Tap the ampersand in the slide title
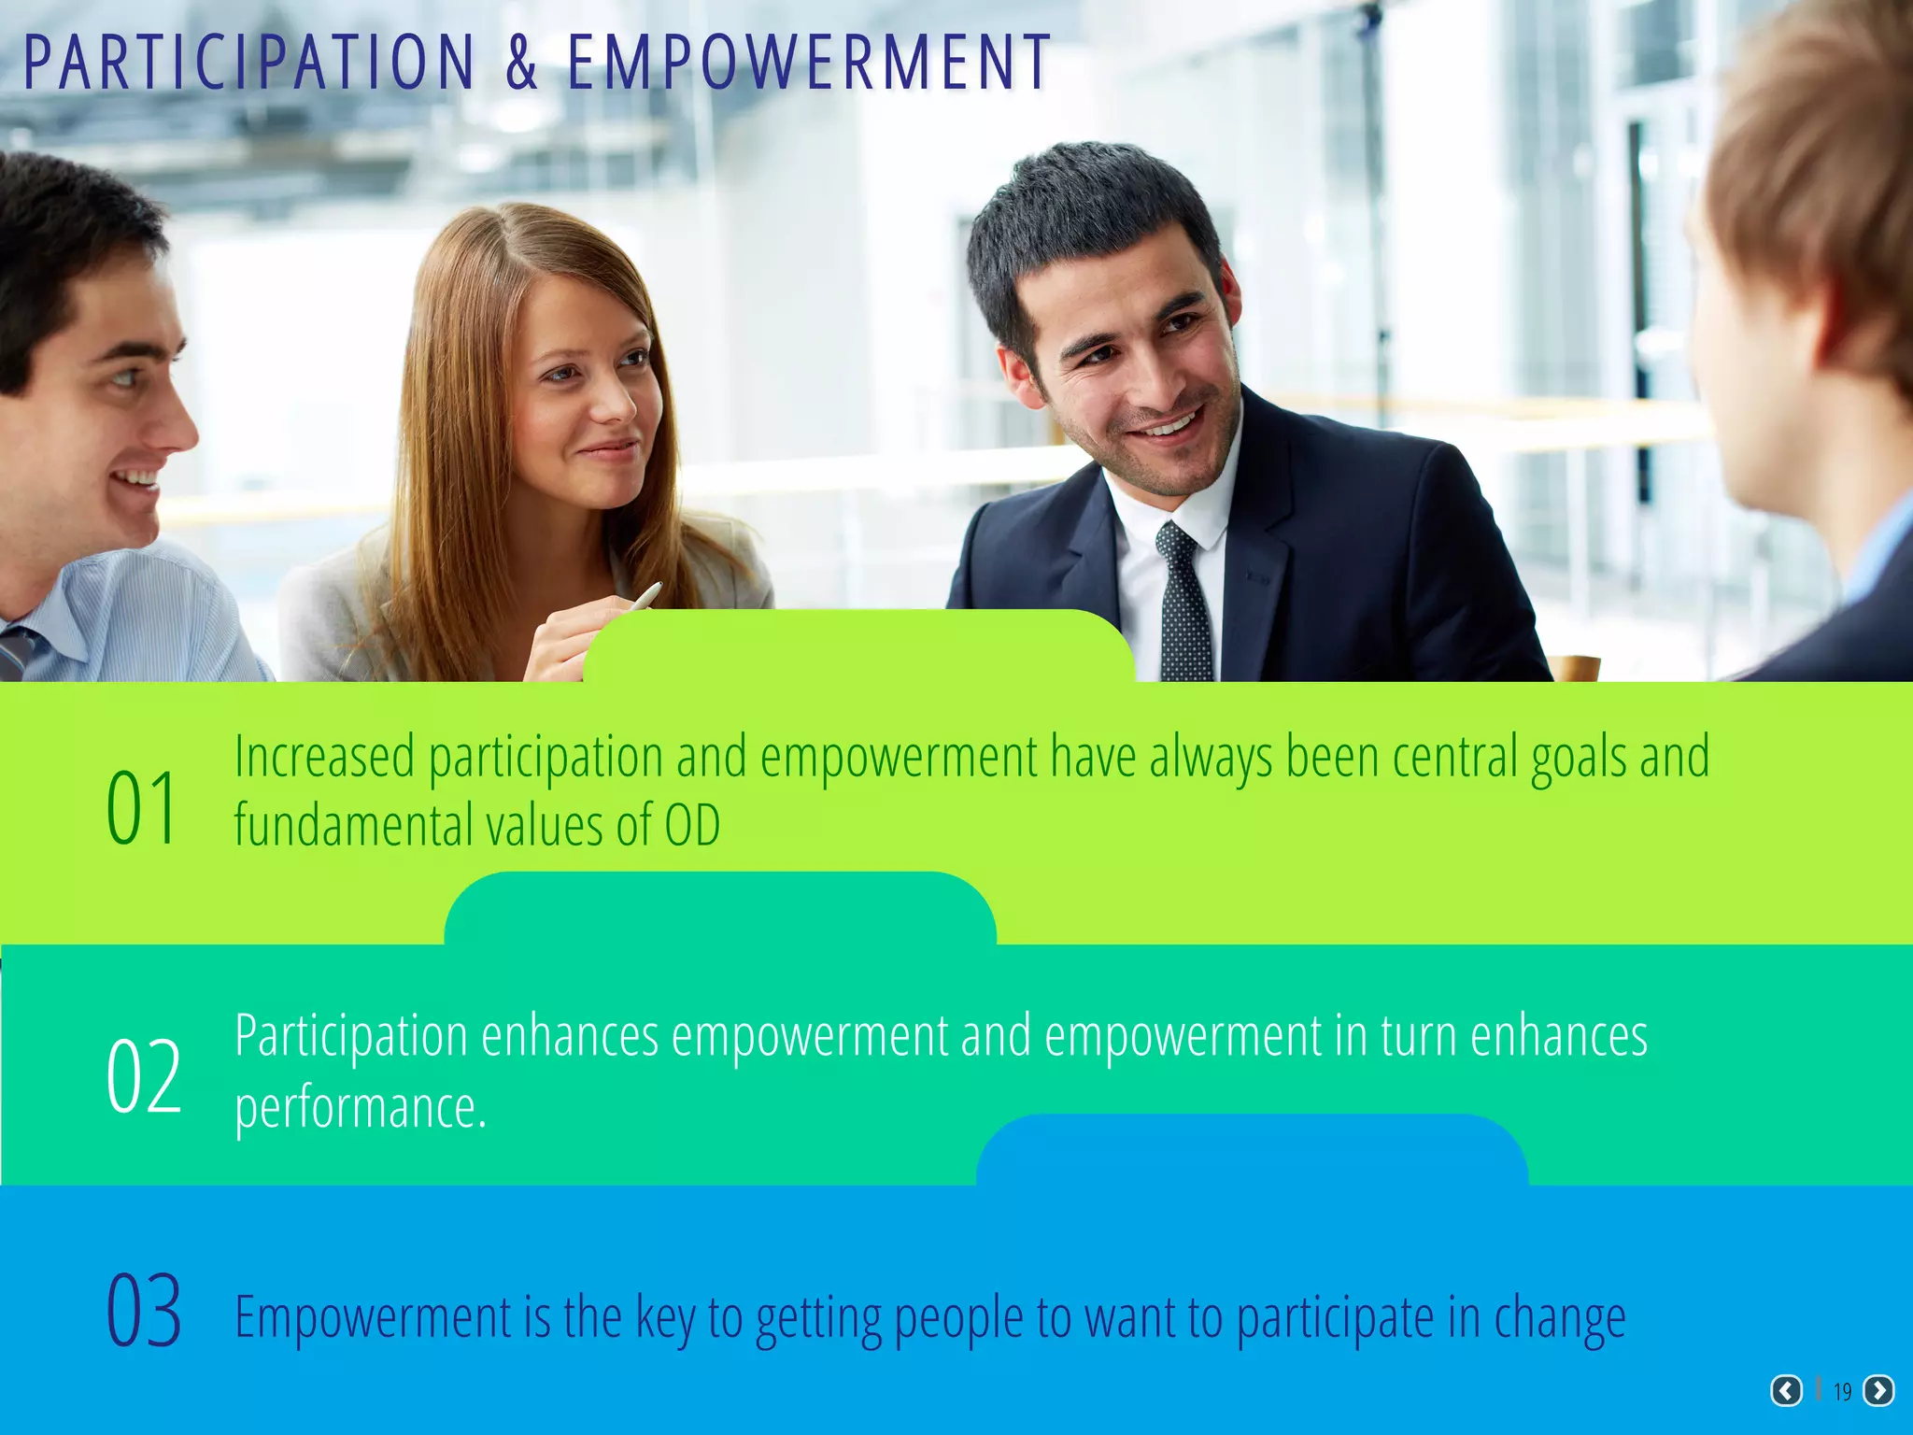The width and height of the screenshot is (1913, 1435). tap(522, 64)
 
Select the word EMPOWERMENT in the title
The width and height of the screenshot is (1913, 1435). tap(809, 64)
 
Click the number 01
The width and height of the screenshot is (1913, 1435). tap(141, 808)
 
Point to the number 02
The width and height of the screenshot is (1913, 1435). tap(143, 1077)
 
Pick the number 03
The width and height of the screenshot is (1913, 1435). tap(143, 1312)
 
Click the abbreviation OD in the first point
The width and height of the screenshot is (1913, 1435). tap(692, 826)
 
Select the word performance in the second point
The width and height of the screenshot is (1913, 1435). tap(360, 1108)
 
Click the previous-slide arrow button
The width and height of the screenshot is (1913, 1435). tap(1786, 1391)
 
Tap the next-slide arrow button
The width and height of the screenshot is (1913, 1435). tap(1878, 1391)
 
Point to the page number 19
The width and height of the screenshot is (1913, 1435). tap(1842, 1392)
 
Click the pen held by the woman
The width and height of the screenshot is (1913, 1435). tap(644, 595)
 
